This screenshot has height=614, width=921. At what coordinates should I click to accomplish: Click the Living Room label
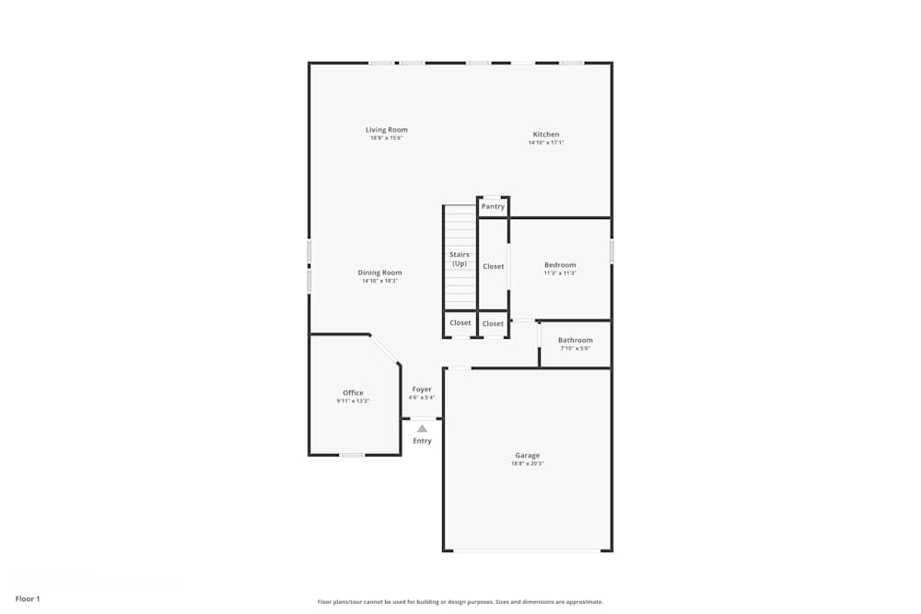386,130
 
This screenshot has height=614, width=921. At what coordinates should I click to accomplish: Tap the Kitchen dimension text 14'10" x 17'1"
546,143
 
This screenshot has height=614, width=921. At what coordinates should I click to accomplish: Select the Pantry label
493,206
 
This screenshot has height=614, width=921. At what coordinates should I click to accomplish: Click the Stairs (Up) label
460,259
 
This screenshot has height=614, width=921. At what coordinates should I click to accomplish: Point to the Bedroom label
560,265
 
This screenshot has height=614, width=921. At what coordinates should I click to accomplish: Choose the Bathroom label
576,340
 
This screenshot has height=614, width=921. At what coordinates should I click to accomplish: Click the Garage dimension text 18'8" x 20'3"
528,464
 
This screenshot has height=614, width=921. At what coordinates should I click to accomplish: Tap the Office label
353,393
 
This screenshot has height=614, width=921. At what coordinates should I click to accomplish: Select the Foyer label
422,389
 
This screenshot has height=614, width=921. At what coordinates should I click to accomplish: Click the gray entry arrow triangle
422,428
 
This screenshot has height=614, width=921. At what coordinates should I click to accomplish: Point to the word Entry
422,441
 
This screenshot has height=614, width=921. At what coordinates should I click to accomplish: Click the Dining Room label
380,272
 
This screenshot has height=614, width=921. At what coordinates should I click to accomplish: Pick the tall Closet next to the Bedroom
494,266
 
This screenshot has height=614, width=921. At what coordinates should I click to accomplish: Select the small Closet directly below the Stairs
460,323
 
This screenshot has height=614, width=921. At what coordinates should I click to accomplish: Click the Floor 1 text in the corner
28,599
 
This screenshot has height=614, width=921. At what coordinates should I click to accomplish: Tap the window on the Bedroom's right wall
612,251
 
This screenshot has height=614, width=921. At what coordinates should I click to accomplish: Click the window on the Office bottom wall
352,455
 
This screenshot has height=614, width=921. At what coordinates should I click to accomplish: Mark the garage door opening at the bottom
528,550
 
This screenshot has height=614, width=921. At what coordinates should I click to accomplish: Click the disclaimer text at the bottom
460,602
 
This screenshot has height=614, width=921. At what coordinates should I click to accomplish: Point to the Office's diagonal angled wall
385,350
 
